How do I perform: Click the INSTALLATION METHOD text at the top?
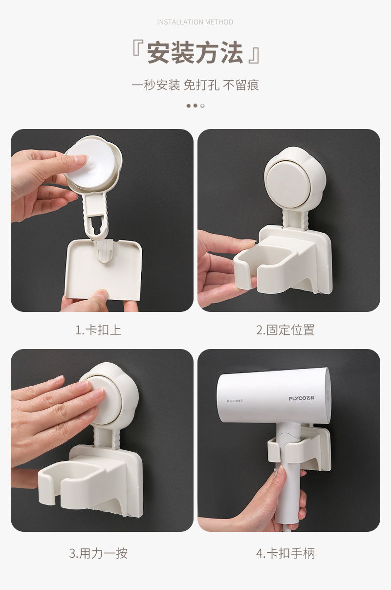(x=195, y=22)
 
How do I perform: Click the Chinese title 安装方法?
(x=195, y=53)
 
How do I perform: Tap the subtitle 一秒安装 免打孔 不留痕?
(x=195, y=85)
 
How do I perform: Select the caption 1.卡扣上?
(x=98, y=330)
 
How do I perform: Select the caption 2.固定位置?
(x=285, y=330)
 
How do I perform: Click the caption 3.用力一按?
(x=98, y=553)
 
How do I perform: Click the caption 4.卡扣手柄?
(x=285, y=553)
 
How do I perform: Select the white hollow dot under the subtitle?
(x=202, y=106)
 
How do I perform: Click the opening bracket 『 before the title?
(x=137, y=53)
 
